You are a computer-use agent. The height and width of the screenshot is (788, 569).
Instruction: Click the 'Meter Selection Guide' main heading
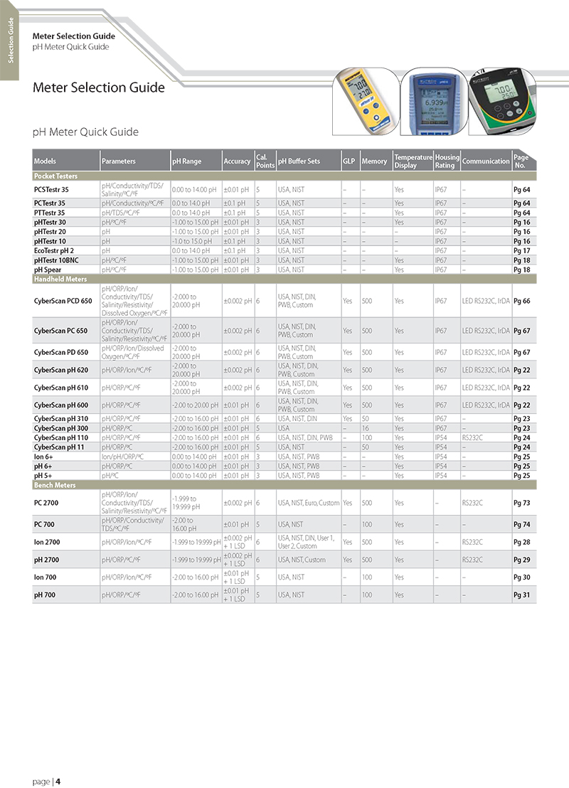[99, 88]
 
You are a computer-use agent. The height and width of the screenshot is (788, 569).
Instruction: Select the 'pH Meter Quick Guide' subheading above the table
[85, 132]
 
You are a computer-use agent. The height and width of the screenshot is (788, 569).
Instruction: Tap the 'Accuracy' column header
[237, 161]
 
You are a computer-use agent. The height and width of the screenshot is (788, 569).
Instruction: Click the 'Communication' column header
[486, 161]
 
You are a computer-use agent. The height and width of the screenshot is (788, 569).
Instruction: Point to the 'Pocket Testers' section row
[55, 176]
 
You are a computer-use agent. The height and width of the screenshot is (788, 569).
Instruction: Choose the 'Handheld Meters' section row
[60, 279]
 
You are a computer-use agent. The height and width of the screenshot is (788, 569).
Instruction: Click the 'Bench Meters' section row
[55, 485]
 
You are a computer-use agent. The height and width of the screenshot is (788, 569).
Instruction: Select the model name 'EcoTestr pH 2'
[54, 250]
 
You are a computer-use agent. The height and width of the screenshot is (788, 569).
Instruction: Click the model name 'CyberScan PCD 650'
[63, 301]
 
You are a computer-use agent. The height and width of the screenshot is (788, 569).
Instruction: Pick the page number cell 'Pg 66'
[521, 301]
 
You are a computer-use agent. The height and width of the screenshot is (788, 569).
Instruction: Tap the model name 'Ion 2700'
[47, 542]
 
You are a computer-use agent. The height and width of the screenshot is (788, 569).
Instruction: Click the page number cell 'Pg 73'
[521, 503]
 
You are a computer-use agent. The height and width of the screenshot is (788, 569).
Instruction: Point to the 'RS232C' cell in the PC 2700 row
[473, 503]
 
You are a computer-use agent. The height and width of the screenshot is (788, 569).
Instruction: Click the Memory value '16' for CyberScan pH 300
[365, 428]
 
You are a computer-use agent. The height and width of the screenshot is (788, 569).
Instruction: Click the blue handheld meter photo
[432, 101]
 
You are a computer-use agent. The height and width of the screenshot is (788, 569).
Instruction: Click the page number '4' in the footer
[58, 782]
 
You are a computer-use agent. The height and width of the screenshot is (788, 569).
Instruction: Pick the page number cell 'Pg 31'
[521, 595]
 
